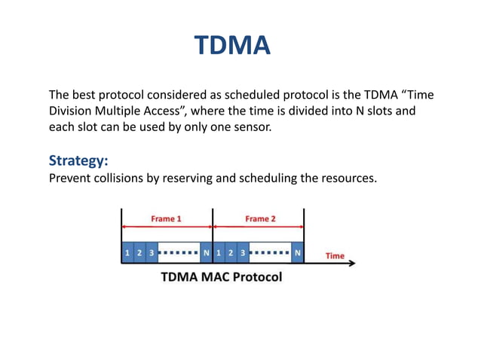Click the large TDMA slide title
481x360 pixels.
click(232, 47)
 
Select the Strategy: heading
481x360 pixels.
click(79, 161)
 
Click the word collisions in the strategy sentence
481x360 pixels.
click(127, 178)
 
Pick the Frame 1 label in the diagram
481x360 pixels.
click(166, 219)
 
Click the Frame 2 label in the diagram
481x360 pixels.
click(260, 219)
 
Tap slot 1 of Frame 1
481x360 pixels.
click(127, 253)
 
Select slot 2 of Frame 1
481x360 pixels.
click(139, 253)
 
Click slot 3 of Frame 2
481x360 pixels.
click(242, 253)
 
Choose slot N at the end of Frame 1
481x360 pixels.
click(206, 253)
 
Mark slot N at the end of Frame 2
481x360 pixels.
click(297, 253)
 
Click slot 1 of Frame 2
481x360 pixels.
click(218, 253)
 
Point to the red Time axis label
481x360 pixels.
click(335, 256)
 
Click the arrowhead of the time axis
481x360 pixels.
click(357, 264)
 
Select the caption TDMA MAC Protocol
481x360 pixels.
click(221, 277)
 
